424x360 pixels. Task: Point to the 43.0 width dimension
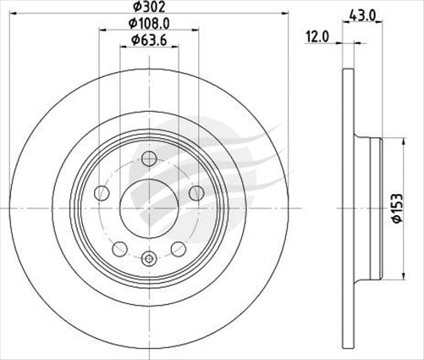point(364,14)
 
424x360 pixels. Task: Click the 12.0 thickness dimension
point(318,37)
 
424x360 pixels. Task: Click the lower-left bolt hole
point(120,248)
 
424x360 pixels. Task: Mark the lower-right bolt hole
point(179,248)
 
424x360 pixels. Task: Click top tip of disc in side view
point(345,69)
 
